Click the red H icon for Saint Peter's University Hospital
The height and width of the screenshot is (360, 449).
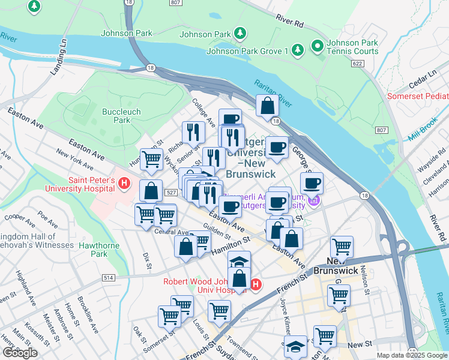click(124, 183)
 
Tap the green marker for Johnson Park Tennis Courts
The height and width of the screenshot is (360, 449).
click(316, 45)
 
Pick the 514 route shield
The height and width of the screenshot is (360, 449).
click(108, 278)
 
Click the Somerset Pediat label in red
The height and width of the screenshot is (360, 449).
click(417, 95)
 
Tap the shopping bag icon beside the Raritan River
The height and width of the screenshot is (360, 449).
click(267, 106)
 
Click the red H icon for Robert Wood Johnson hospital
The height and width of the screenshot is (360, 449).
click(256, 284)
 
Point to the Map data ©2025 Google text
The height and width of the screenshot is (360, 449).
click(411, 355)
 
